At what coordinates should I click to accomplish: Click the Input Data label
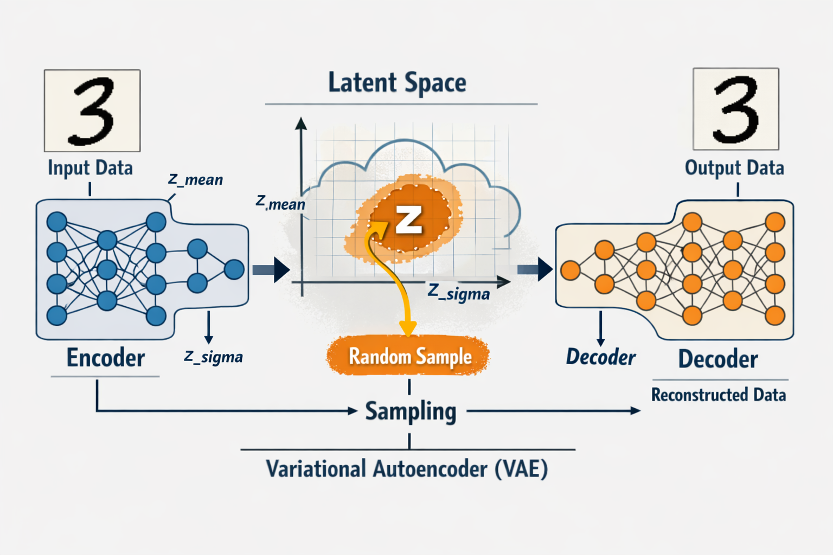click(90, 168)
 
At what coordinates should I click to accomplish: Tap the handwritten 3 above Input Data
click(92, 111)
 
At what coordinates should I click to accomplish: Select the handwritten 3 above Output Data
click(736, 109)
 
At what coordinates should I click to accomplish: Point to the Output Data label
click(734, 168)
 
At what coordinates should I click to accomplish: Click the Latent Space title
click(397, 83)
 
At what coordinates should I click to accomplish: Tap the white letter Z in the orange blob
click(408, 220)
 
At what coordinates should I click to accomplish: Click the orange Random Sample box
click(408, 356)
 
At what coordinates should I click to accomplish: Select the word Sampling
click(411, 411)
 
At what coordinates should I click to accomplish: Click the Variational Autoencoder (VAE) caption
click(407, 469)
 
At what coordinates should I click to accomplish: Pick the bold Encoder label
click(106, 358)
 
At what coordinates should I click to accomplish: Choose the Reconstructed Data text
click(719, 395)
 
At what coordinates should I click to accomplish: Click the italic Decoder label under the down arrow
click(601, 357)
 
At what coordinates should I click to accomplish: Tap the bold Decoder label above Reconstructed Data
click(718, 359)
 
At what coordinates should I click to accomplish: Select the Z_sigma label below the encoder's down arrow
click(213, 357)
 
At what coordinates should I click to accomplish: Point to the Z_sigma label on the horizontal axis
click(459, 293)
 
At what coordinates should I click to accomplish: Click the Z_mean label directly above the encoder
click(195, 179)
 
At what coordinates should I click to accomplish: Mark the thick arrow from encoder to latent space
click(272, 269)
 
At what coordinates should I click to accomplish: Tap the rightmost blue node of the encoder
click(234, 269)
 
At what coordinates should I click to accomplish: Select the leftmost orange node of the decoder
click(571, 270)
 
